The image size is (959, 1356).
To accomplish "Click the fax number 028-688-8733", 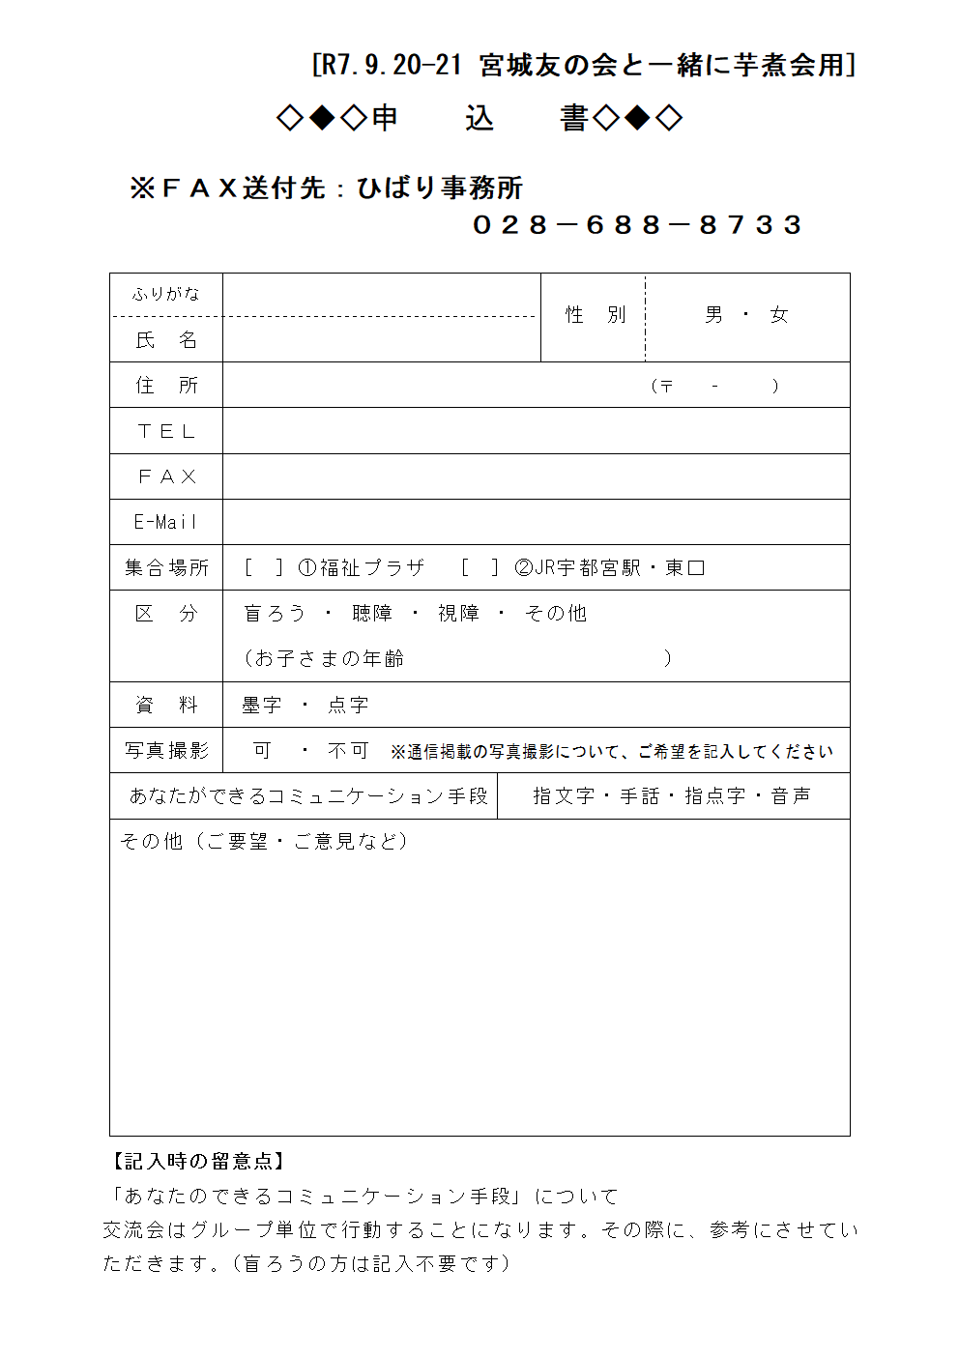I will [637, 225].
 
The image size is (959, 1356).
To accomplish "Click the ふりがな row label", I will [166, 294].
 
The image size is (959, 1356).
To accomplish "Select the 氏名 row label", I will [166, 340].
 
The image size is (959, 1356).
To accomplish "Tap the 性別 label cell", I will [596, 315].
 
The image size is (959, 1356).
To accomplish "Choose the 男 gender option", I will [713, 315].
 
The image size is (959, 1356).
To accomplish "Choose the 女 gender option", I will [779, 315].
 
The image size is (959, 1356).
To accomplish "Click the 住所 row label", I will [166, 386].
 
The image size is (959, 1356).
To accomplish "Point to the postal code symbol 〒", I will [666, 387].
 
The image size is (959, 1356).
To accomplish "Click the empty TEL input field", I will [536, 431].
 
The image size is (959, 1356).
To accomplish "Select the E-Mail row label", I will [166, 523].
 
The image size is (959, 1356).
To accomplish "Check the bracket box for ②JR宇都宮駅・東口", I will [479, 568].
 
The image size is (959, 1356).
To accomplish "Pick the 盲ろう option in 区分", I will [275, 614].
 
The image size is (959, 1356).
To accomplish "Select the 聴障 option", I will [372, 614].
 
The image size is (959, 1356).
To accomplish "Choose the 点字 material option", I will [348, 706].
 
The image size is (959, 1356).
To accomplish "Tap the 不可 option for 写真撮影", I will [348, 751].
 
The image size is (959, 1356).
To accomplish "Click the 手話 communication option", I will [639, 796].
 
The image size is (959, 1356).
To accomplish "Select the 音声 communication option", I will [791, 796].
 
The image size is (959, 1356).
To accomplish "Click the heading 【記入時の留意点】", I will [197, 1162].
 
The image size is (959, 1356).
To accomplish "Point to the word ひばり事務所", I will [440, 188].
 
